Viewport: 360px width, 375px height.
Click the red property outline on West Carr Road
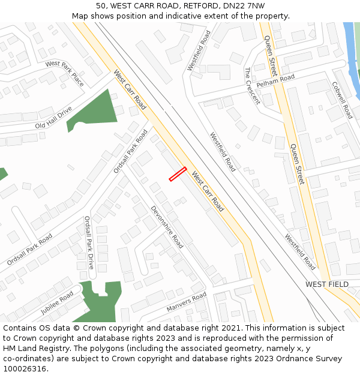178,174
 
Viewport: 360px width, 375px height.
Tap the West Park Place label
65,73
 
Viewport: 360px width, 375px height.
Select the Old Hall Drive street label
53,118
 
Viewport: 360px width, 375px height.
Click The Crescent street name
252,86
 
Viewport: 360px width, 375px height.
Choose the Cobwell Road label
343,100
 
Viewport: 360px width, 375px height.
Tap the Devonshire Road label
167,227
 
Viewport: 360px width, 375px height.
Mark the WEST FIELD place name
326,284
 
